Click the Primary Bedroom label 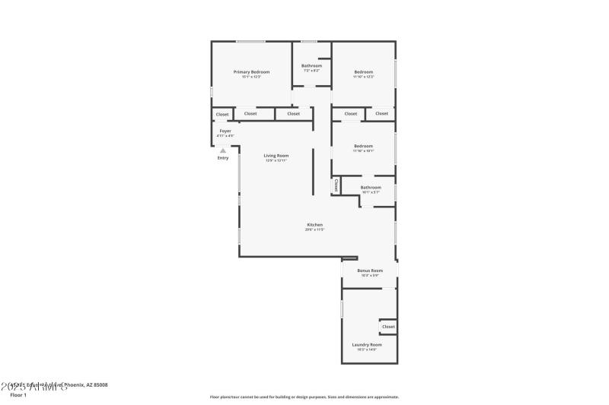[x=251, y=71]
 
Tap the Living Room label [x=276, y=156]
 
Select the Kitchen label [x=315, y=225]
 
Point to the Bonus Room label [x=370, y=271]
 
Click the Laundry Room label [x=367, y=344]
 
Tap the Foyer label [x=225, y=131]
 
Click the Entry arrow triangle [x=223, y=150]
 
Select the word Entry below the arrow [x=223, y=158]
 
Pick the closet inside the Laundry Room [x=388, y=327]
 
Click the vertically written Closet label [x=336, y=185]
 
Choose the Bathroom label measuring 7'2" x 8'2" [x=311, y=66]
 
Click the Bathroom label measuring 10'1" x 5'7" [x=371, y=187]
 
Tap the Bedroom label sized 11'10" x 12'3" [x=363, y=71]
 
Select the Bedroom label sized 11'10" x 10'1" [x=363, y=146]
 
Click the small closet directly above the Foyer [x=222, y=115]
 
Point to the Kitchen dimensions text [x=315, y=229]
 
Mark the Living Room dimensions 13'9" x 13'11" [x=276, y=160]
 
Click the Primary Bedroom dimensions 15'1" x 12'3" [x=251, y=77]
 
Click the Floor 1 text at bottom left [x=18, y=395]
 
